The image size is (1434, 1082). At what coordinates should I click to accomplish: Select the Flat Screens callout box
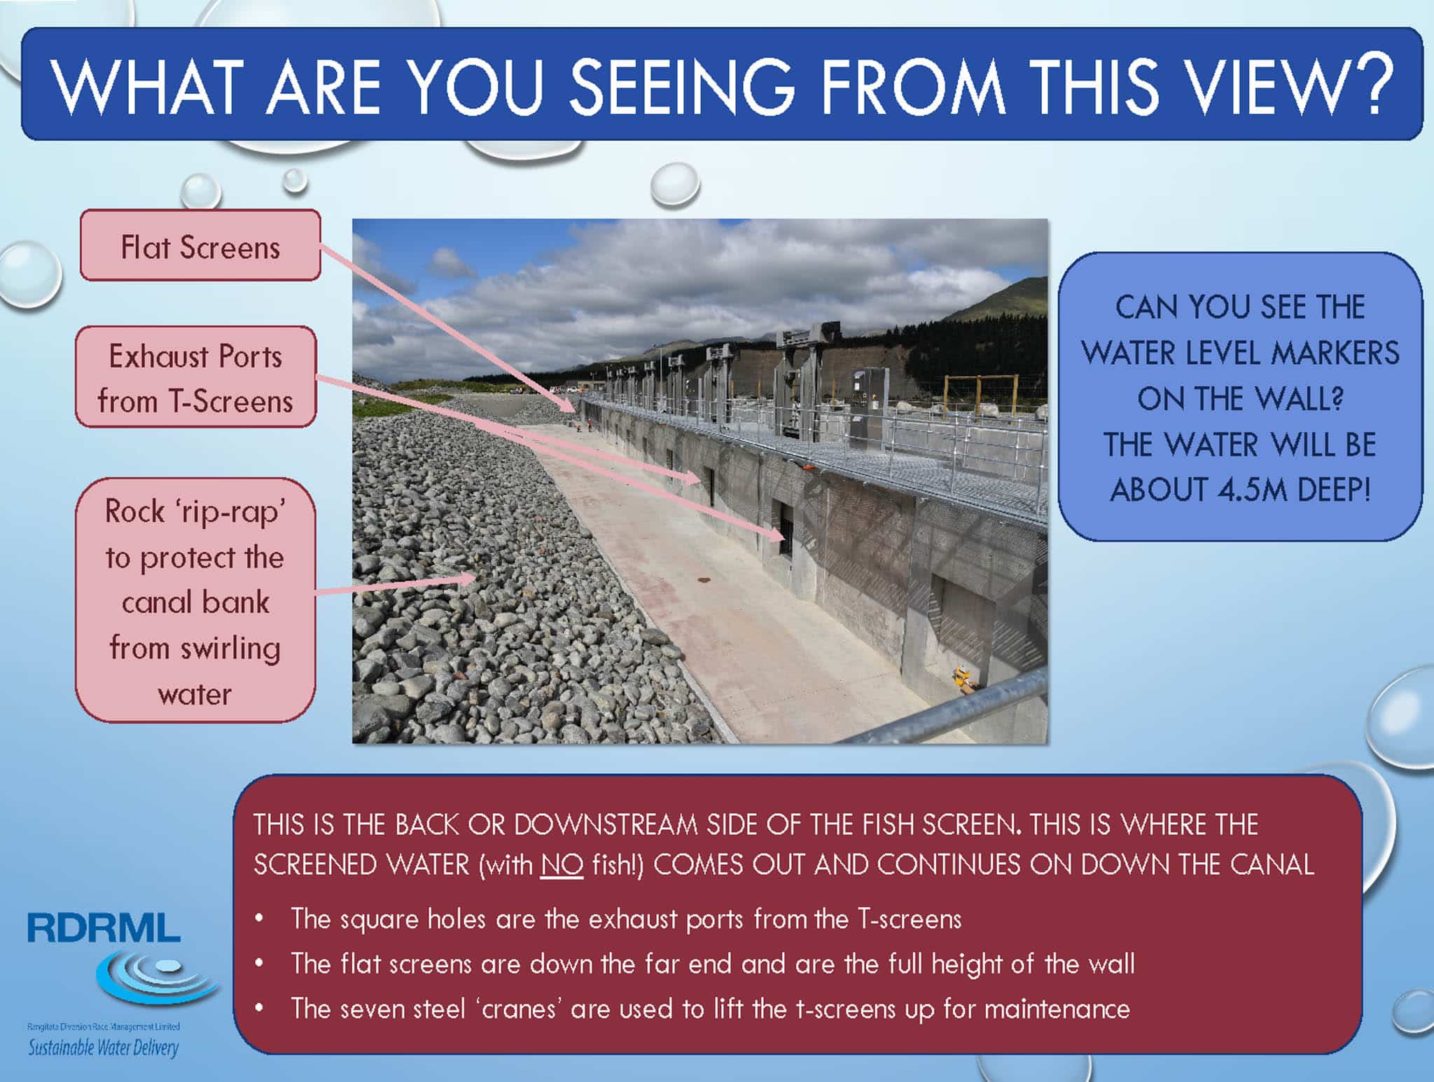coord(200,246)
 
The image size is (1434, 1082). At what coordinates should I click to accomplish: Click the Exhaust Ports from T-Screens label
coord(196,378)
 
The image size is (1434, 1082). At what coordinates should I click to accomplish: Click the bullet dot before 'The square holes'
coord(260,918)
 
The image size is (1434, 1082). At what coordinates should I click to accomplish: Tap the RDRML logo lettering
coord(104,927)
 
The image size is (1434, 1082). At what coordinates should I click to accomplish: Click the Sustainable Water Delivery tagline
coord(103,1048)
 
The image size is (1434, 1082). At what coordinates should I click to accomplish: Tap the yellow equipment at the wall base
coord(964,680)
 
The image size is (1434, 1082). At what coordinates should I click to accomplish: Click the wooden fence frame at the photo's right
coord(980,396)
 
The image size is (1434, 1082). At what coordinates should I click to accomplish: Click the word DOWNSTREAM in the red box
coord(605,825)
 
